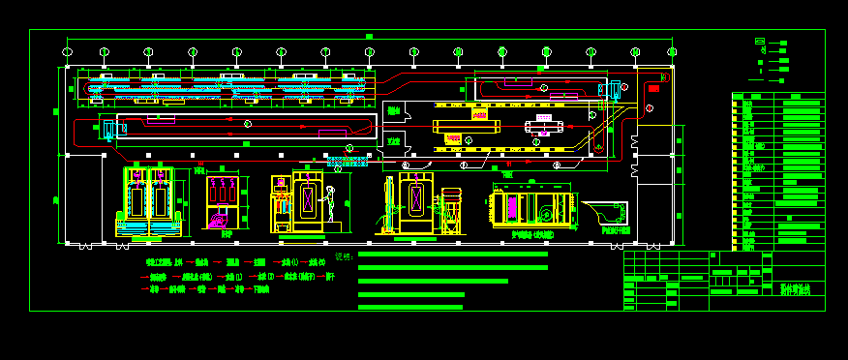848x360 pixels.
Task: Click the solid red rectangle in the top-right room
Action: click(x=653, y=88)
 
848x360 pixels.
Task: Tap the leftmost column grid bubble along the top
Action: click(x=66, y=51)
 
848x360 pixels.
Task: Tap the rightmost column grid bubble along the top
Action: click(x=671, y=51)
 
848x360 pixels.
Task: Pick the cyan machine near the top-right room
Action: click(x=613, y=90)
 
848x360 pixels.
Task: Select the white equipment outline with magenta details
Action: click(x=544, y=125)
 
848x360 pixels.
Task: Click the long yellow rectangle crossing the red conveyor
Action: click(x=466, y=126)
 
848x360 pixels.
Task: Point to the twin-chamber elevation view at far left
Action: click(x=149, y=201)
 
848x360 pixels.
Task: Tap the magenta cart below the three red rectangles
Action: click(x=219, y=221)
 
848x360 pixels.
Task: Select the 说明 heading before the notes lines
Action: click(x=343, y=256)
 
